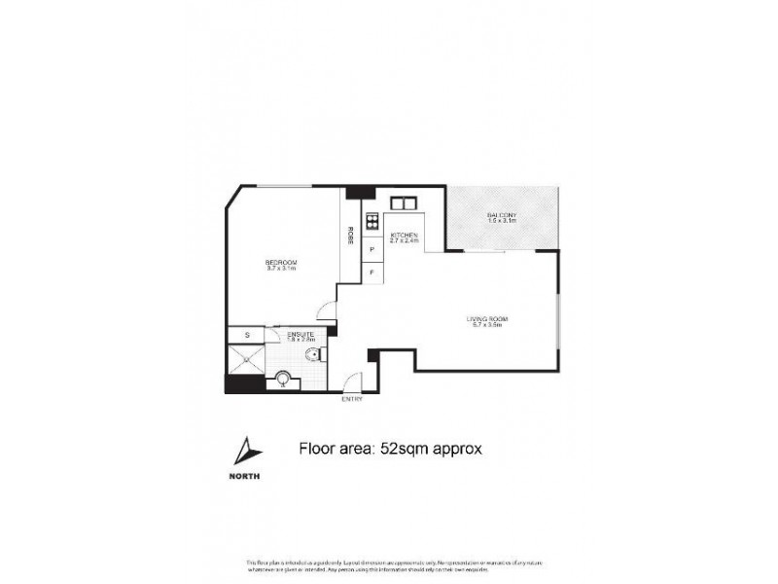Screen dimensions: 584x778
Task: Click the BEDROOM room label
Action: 281,264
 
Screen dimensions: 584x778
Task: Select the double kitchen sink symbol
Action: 403,204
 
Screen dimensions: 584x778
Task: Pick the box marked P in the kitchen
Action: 372,249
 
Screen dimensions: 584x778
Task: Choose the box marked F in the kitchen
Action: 372,273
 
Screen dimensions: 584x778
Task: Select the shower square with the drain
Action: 245,359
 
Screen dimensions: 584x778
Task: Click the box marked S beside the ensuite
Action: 247,335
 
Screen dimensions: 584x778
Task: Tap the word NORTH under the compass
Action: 246,476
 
